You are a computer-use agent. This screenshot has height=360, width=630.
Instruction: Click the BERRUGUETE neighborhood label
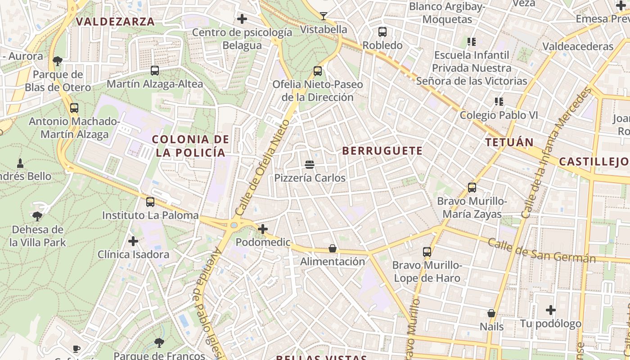[382, 151]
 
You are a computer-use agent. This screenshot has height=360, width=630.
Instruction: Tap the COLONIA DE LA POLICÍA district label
[190, 146]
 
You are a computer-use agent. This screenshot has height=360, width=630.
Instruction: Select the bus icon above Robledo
[382, 32]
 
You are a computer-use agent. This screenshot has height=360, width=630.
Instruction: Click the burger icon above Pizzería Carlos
[310, 165]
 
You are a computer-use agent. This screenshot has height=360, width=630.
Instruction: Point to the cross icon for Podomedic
[263, 229]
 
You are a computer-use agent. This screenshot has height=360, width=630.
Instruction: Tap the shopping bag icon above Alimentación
[333, 248]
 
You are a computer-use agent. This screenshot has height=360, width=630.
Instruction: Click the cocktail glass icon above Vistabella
[324, 16]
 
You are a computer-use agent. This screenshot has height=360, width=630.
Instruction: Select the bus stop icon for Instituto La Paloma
[150, 202]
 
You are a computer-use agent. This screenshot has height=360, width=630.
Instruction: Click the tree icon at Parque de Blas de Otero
[58, 61]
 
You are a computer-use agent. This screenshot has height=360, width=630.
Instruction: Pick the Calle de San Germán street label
[542, 251]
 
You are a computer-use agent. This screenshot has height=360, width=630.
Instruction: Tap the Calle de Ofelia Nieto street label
[261, 168]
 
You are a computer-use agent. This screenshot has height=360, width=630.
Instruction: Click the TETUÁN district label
[509, 143]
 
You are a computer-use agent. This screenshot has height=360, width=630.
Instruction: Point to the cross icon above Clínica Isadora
[133, 241]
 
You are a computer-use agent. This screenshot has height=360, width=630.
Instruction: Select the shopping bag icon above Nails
[491, 313]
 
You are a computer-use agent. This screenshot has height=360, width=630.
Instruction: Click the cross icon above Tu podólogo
[551, 310]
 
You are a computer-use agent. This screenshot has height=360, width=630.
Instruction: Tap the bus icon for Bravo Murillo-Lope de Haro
[427, 252]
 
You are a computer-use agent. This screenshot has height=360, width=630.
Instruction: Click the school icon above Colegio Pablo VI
[499, 102]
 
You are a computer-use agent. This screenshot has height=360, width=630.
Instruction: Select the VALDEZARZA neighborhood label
[115, 21]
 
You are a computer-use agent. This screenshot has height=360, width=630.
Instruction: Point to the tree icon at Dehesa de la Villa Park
[38, 216]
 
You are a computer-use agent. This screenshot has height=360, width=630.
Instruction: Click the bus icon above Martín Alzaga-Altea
[155, 71]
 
